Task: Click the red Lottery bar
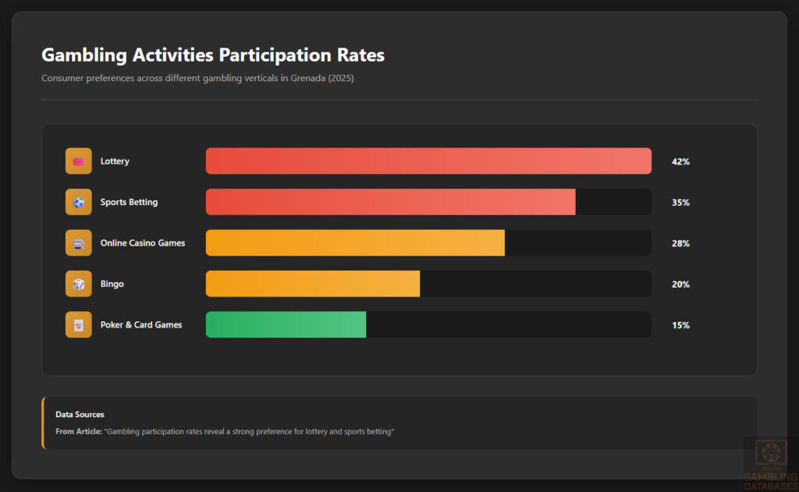click(x=428, y=161)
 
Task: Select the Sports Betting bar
click(x=390, y=202)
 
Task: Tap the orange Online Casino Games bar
click(x=355, y=242)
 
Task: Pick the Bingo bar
click(x=312, y=284)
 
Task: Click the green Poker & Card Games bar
click(x=286, y=324)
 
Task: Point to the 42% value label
click(x=680, y=162)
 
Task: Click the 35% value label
click(x=680, y=203)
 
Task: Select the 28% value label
click(x=680, y=243)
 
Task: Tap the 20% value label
click(x=680, y=285)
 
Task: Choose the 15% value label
click(x=680, y=325)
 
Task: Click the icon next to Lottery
click(x=79, y=161)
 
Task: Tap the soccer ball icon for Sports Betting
click(x=79, y=202)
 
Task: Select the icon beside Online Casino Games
click(x=79, y=242)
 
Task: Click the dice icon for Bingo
click(x=79, y=284)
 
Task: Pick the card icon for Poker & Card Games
click(x=79, y=324)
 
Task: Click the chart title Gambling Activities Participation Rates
click(x=212, y=55)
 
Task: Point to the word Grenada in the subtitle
click(x=309, y=78)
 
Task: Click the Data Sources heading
click(x=80, y=414)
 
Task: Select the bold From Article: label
click(x=78, y=431)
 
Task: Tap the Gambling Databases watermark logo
click(x=769, y=465)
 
